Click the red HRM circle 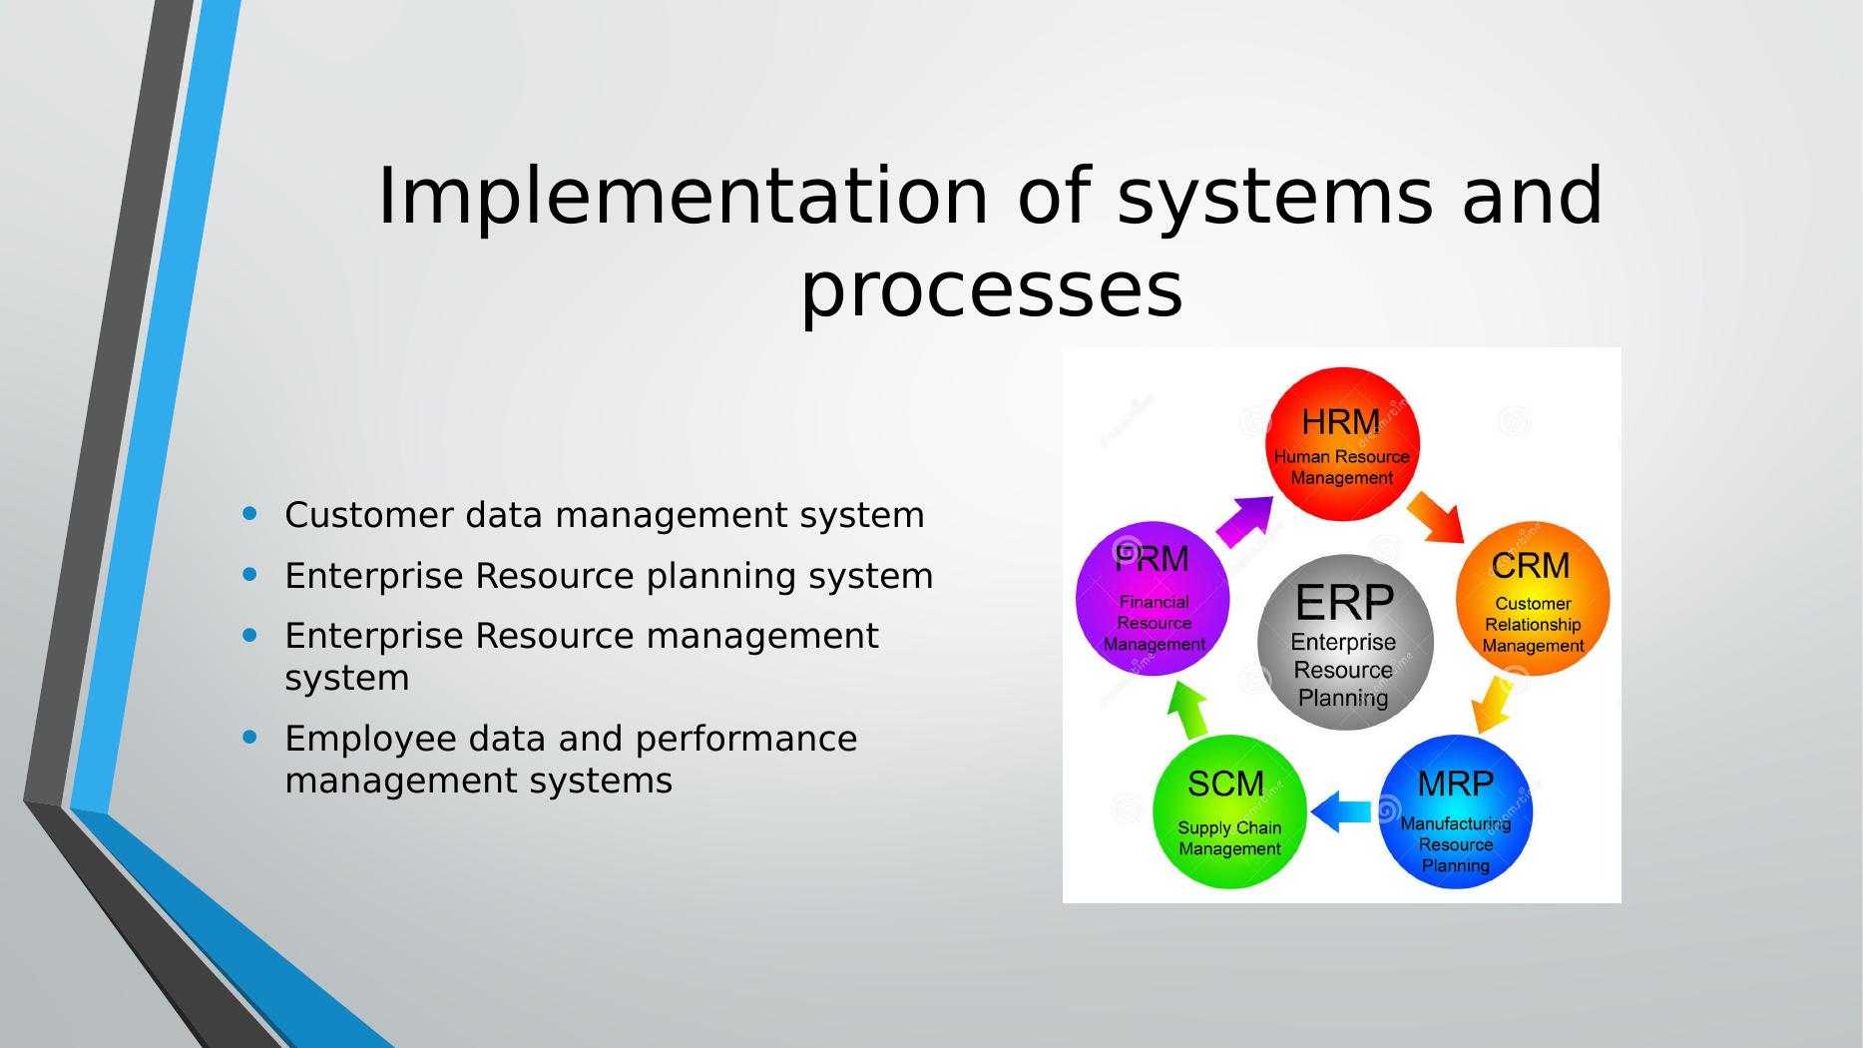(1342, 444)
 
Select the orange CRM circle (1533, 599)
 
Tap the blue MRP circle (1455, 811)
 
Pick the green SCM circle (1229, 811)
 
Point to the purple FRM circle (1153, 599)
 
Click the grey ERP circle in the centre (1344, 643)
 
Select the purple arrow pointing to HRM (1245, 520)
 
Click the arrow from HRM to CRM (1436, 517)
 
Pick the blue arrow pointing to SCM (1340, 812)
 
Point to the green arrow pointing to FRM (1187, 709)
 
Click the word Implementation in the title (684, 197)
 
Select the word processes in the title (992, 289)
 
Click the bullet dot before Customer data (249, 513)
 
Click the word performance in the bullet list (745, 740)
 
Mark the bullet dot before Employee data (249, 737)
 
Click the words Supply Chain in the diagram (1229, 828)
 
